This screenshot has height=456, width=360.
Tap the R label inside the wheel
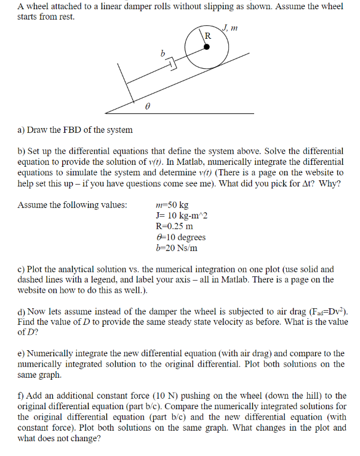click(207, 36)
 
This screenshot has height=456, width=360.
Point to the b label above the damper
click(162, 54)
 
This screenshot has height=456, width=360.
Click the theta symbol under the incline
click(147, 106)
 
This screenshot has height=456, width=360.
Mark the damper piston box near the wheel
click(172, 64)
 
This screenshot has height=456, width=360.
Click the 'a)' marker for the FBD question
click(22, 130)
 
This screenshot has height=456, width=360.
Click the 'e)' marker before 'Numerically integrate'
click(22, 354)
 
